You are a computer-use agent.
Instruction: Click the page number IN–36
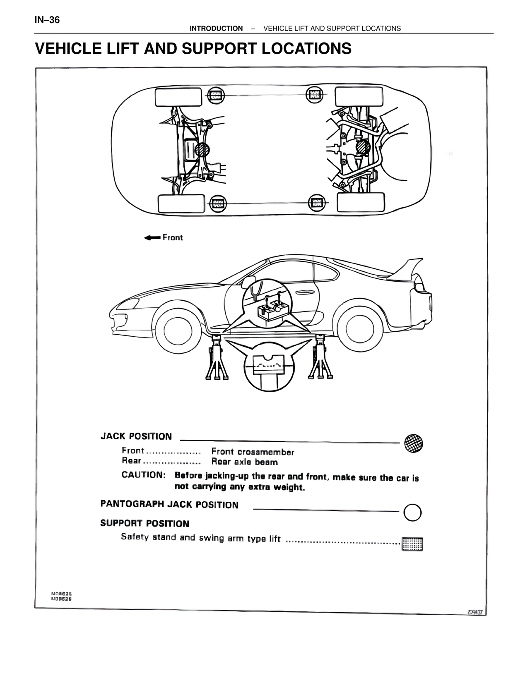47,20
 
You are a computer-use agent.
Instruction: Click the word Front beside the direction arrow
172,237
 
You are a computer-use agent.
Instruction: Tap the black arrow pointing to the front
152,237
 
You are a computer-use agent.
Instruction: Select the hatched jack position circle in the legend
414,443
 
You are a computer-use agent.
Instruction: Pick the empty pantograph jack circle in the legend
412,513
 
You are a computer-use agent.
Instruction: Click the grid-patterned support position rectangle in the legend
412,544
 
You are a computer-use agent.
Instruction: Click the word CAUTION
143,475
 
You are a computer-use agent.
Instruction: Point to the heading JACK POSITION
136,436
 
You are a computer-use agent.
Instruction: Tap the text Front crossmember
253,452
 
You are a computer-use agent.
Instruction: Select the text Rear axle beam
244,462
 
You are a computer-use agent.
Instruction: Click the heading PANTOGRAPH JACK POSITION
169,505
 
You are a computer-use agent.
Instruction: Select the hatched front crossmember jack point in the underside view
202,149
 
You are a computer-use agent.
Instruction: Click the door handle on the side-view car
305,293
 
